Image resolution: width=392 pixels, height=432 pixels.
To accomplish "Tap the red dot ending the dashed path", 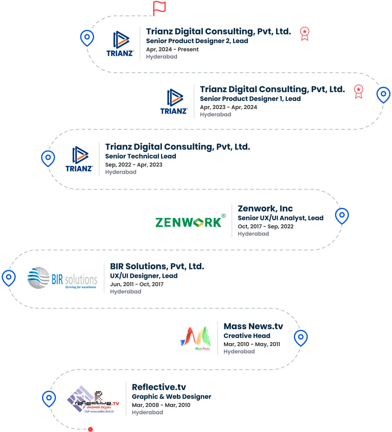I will coord(90,429).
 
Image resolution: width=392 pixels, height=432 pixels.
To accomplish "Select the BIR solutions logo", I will coord(62,278).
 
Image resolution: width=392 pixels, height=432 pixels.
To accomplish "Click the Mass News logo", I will coord(196,338).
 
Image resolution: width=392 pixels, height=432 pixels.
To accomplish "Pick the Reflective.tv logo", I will coord(93,399).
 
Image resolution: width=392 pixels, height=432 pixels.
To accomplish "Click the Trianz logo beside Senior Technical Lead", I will coord(79,159).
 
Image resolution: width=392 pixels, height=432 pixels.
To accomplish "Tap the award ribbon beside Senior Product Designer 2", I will coord(305,34).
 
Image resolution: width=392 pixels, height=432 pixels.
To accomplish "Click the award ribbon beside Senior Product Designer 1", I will coord(358,91).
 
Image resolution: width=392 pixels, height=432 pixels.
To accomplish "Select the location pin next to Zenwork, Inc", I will coord(342,215).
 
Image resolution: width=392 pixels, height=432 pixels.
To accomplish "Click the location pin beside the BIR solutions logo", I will coord(9,277).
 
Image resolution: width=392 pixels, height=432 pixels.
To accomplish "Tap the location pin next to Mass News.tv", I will coord(301,337).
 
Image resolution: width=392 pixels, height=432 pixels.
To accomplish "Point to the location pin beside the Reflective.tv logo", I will coord(49,398).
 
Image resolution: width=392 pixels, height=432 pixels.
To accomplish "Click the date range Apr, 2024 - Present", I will coord(172,49).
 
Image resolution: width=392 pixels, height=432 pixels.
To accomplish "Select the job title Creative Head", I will coord(247,336).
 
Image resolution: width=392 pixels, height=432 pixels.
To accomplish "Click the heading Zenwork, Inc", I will coord(265,208).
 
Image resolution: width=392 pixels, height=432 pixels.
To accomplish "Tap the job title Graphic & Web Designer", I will coord(171,397).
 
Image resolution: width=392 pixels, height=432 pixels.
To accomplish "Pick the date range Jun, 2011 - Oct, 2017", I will coord(137,284).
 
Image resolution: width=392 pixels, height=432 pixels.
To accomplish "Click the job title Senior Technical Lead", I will coord(140,156).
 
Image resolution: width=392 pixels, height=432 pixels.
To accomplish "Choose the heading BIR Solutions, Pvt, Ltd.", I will coord(157,266).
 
